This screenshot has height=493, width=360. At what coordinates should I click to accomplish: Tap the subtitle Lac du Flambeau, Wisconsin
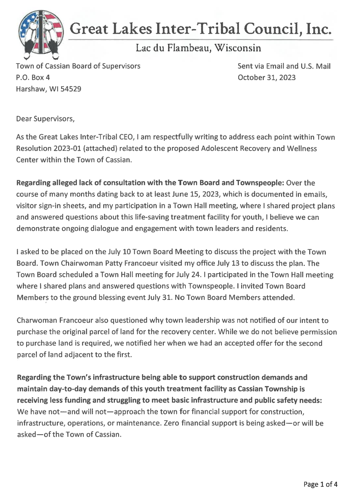198,48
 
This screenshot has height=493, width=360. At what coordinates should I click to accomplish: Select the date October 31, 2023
266,78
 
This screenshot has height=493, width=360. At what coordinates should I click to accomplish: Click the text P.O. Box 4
33,78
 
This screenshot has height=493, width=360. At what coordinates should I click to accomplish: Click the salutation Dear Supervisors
45,119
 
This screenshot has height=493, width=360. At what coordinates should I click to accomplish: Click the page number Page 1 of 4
320,485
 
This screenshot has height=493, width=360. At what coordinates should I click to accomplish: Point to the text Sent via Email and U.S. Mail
284,66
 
